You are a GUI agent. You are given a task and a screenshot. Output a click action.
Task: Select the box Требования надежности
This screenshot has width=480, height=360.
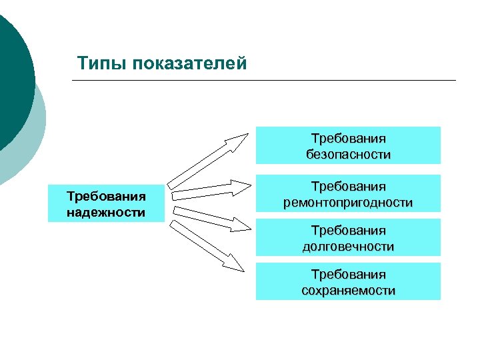pos(106,203)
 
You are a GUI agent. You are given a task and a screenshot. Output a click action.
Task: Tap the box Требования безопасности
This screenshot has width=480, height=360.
pos(348,145)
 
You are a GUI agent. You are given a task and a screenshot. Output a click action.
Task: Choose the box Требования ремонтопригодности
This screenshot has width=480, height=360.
pos(348,193)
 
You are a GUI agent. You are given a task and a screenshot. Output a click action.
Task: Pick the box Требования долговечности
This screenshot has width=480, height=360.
pos(348,237)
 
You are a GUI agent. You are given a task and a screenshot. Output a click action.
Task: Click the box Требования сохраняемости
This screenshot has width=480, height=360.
pos(348,281)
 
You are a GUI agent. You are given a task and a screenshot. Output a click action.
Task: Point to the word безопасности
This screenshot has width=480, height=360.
pos(348,154)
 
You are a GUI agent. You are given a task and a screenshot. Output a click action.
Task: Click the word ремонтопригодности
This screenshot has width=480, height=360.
pos(348,202)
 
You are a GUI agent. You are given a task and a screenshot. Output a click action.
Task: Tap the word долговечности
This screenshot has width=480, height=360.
pos(348,246)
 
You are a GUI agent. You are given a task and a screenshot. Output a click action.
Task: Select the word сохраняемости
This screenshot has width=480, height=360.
pos(348,290)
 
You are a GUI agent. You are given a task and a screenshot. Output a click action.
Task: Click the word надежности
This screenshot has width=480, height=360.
pos(106,213)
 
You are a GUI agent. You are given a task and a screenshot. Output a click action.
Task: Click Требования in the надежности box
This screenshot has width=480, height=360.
pos(106,196)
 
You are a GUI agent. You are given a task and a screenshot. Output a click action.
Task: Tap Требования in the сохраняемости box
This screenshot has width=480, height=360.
pos(348,273)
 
